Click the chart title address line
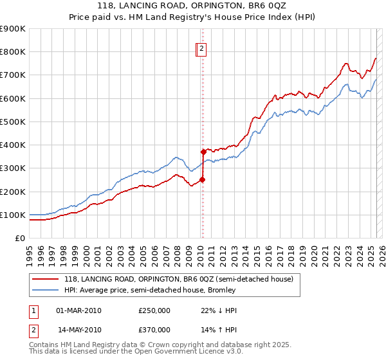click(x=193, y=6)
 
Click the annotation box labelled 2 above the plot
click(x=201, y=48)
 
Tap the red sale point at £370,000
click(x=203, y=152)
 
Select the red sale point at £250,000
click(x=202, y=180)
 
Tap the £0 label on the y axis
click(x=19, y=239)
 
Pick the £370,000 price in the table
click(x=154, y=329)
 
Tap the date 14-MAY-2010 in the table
click(x=79, y=329)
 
